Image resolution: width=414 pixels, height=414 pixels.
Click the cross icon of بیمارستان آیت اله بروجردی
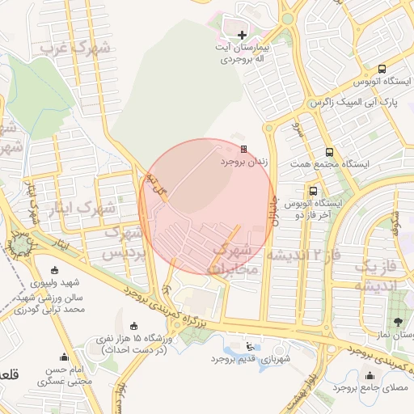(x=243, y=35)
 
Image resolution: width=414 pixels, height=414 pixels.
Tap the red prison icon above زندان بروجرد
(x=243, y=149)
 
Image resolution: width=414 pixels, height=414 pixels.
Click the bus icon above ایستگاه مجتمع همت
(x=329, y=151)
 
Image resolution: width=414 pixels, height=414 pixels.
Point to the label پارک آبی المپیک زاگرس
(x=350, y=104)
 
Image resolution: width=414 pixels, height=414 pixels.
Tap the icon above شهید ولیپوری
(x=55, y=270)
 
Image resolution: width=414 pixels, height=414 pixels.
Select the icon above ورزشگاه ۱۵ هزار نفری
(x=122, y=326)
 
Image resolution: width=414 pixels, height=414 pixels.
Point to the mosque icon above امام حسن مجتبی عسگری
(x=65, y=357)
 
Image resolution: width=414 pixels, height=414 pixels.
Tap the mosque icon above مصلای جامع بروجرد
(x=370, y=374)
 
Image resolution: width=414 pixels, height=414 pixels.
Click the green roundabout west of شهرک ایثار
(x=18, y=243)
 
